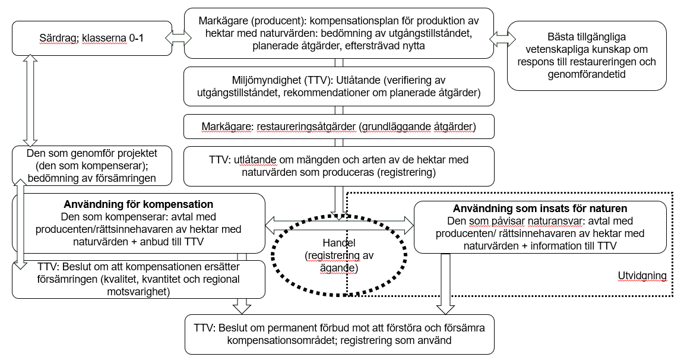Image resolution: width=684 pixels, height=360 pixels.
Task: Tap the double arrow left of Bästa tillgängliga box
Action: point(502,39)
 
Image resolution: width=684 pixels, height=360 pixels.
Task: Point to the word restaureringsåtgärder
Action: point(306,127)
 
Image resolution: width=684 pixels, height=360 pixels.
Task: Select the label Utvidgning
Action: point(642,276)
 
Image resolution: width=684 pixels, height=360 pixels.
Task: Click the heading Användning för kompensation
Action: point(138,205)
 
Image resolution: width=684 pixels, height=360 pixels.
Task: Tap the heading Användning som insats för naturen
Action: point(540,209)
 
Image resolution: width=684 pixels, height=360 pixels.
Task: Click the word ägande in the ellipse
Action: point(339,268)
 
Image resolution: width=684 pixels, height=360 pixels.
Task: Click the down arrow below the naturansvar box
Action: point(445,283)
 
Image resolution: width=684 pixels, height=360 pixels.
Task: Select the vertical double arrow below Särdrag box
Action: point(30,100)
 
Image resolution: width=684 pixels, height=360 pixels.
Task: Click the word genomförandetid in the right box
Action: point(586,75)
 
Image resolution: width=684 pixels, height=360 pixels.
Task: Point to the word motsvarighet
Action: point(138,292)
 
